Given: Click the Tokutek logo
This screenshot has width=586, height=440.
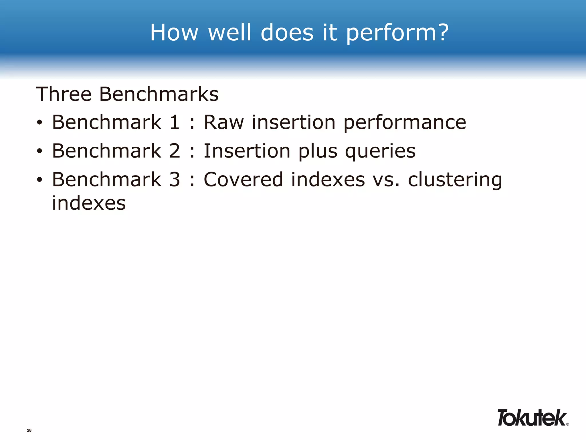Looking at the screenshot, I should click(532, 418).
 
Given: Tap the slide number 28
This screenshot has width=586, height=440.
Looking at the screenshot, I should click(29, 430).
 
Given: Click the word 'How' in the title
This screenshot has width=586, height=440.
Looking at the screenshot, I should click(174, 32).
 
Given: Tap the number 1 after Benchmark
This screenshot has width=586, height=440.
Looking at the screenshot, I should click(175, 122).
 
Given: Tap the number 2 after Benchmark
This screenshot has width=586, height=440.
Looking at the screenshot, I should click(175, 151).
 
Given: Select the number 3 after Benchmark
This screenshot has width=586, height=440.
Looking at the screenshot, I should click(175, 180).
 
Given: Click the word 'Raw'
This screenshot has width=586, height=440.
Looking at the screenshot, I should click(224, 122).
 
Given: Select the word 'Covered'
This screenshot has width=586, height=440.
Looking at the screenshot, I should click(243, 180).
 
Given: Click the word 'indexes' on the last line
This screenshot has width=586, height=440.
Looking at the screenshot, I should click(89, 203).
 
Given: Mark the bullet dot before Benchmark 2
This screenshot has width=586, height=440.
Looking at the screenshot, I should click(39, 151).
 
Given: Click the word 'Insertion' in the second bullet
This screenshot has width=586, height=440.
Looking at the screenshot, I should click(247, 151).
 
